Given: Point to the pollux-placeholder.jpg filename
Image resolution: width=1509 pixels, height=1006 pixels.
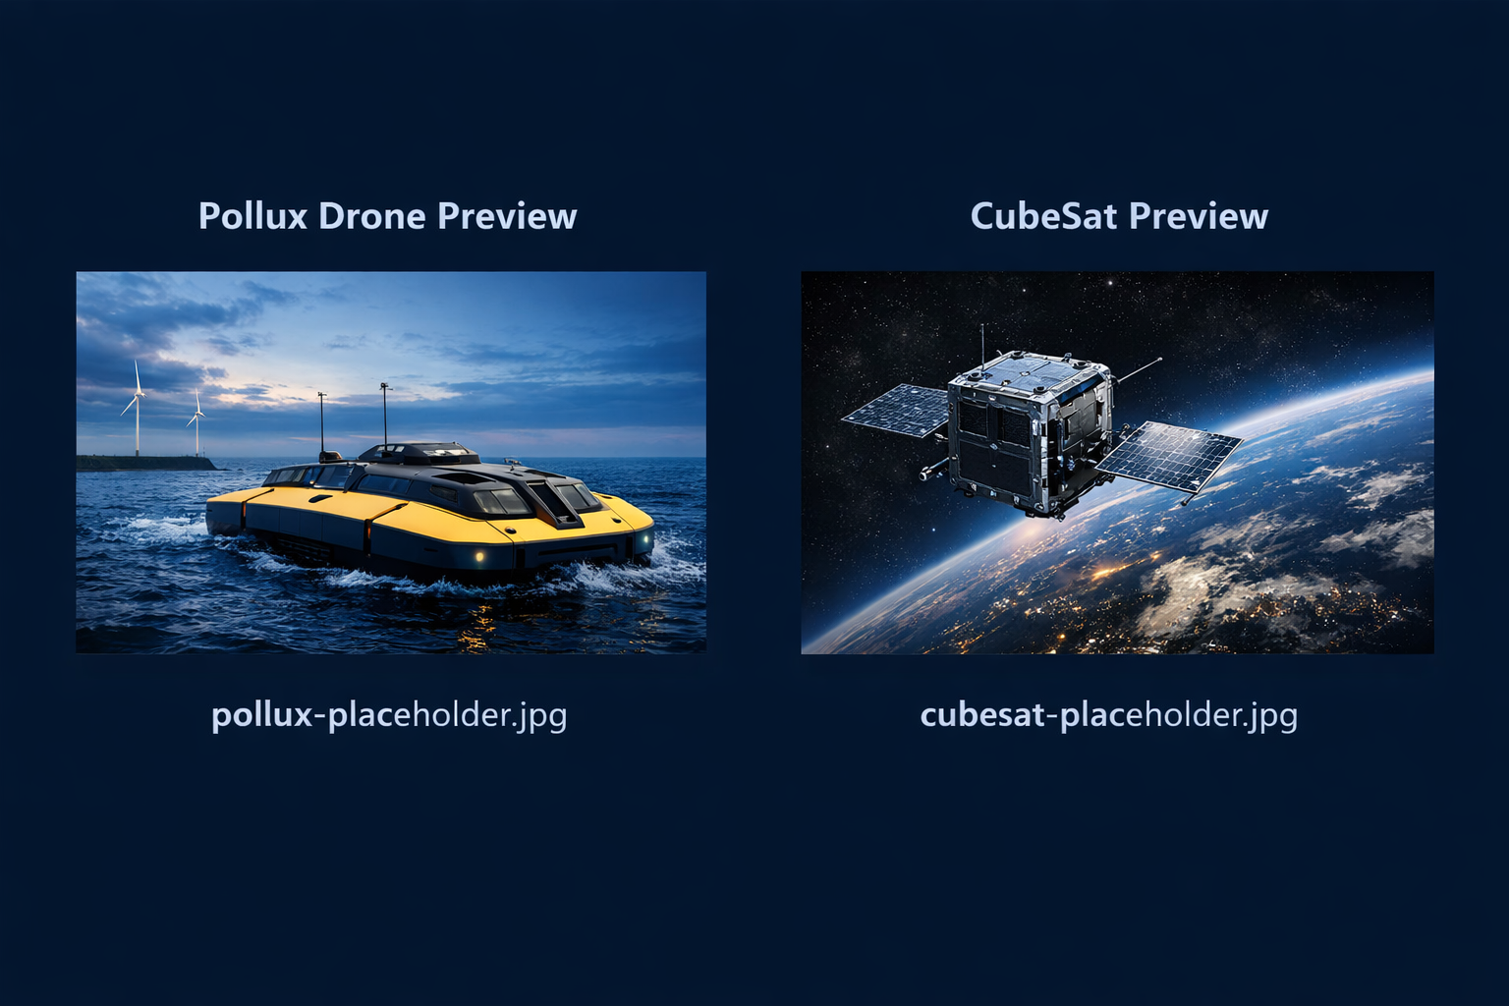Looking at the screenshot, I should click(x=389, y=714).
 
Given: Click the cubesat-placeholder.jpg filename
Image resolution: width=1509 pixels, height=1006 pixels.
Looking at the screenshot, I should click(x=1108, y=714).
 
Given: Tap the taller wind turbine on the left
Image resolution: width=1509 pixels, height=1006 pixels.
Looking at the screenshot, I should click(x=137, y=408).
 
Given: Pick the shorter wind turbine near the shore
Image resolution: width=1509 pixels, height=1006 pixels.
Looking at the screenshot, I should click(x=197, y=422).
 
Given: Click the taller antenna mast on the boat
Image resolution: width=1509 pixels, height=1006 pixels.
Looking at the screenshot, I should click(x=385, y=413).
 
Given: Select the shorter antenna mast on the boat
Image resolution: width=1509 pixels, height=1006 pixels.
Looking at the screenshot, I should click(x=321, y=422).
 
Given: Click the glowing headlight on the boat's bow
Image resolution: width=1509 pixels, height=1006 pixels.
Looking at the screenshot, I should click(x=478, y=556).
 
